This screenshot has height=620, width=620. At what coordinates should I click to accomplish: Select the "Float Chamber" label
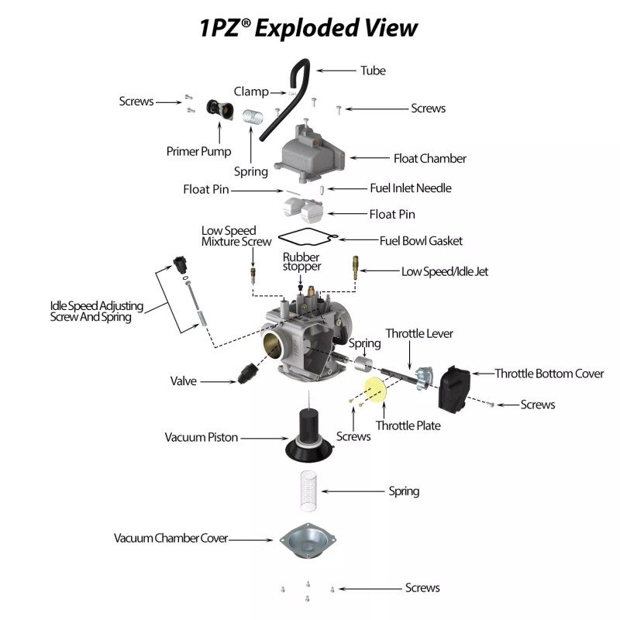coord(429,158)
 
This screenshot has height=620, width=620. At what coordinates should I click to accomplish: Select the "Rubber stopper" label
coord(301,262)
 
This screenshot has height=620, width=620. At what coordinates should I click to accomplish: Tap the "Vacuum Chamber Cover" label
coord(170,538)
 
